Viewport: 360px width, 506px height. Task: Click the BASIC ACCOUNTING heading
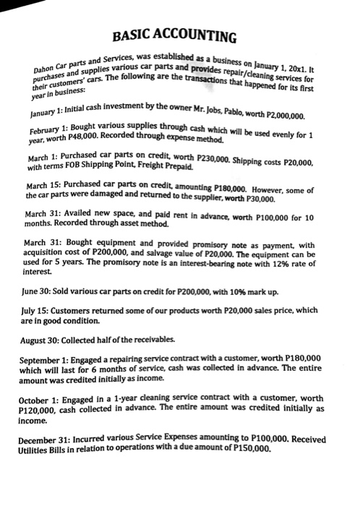click(x=180, y=37)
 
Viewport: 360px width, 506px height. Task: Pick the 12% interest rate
click(x=279, y=293)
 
